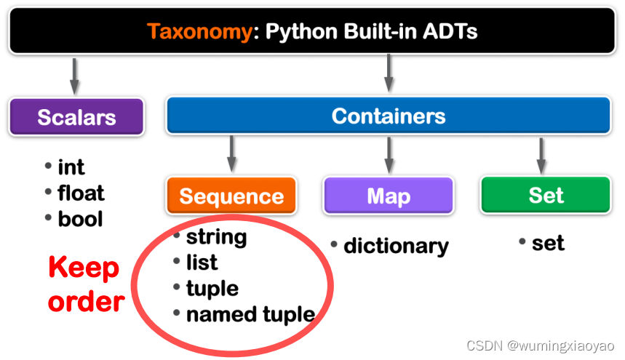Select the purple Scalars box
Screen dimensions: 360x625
point(76,117)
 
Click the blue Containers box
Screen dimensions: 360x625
point(389,116)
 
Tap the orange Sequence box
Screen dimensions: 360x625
point(231,196)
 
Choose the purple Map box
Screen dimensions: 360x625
point(389,196)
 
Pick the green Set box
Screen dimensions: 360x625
point(546,195)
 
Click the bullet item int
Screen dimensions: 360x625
point(71,167)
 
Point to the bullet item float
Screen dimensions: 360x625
point(81,193)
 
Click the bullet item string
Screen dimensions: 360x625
point(216,237)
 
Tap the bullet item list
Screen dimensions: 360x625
point(202,263)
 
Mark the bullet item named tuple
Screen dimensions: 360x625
point(250,314)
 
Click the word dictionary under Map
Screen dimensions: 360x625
point(396,246)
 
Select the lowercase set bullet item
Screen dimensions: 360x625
point(548,243)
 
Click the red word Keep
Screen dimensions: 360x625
point(84,268)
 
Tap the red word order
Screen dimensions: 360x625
point(87,300)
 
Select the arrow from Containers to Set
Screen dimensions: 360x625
point(541,154)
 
